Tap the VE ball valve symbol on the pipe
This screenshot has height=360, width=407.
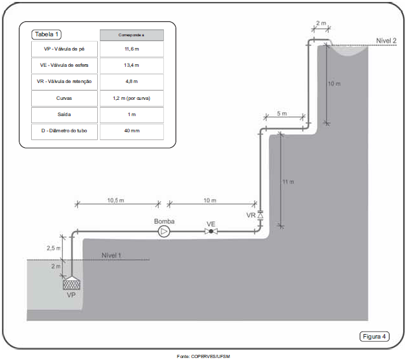pos(211,232)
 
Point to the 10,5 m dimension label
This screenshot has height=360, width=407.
pos(117,200)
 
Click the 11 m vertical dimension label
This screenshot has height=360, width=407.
pos(288,182)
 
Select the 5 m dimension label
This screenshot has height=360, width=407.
pos(282,114)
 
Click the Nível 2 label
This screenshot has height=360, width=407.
pos(386,40)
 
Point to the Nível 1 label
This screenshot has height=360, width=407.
pos(111,255)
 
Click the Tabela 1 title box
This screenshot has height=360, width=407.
pos(47,34)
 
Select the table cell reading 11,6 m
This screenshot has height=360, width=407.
pos(132,49)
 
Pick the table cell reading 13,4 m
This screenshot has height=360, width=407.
pos(132,66)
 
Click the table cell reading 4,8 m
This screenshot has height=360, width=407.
pos(132,82)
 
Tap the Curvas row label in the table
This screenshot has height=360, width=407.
pos(64,99)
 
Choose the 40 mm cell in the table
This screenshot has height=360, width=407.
pos(132,132)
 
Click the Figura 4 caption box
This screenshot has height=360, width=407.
pos(375,336)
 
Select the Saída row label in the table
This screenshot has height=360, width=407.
pos(64,115)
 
